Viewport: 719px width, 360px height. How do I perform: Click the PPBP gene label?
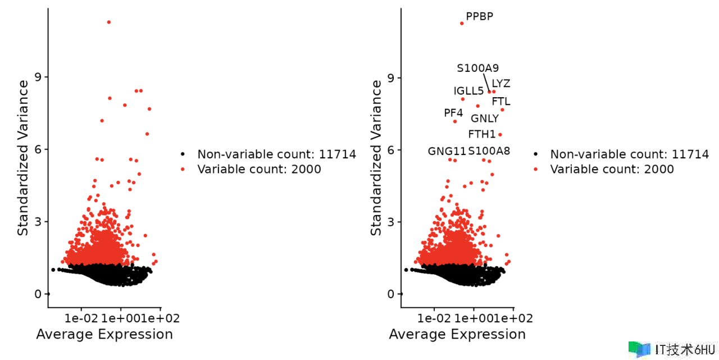click(479, 16)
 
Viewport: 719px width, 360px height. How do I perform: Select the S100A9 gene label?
click(477, 69)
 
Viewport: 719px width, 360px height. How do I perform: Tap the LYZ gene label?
click(500, 84)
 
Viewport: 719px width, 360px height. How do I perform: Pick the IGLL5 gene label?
click(468, 91)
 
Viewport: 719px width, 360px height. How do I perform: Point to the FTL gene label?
click(501, 102)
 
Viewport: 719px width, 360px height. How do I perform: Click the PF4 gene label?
click(453, 113)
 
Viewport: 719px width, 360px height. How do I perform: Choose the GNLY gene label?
click(484, 119)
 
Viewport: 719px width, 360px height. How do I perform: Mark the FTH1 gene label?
click(482, 134)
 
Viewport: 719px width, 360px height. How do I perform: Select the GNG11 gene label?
click(447, 151)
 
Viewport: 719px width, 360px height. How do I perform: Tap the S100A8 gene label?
click(489, 151)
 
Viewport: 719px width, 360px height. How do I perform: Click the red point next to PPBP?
click(462, 23)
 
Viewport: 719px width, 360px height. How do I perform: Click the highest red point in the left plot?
click(108, 22)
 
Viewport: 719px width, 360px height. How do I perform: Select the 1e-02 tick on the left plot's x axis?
click(81, 318)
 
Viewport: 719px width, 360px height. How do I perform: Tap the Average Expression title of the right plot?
click(457, 335)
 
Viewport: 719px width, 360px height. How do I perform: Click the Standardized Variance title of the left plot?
click(22, 158)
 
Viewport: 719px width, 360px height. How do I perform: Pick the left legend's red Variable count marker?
click(183, 169)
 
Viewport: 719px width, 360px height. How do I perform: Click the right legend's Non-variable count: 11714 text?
click(629, 154)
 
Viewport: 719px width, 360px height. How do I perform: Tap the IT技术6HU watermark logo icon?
click(639, 349)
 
